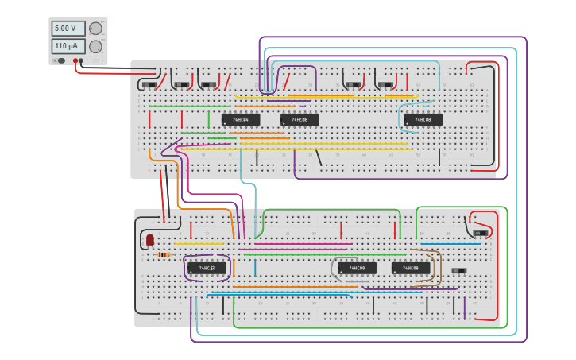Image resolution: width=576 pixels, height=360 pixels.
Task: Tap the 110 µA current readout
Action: [x=68, y=46]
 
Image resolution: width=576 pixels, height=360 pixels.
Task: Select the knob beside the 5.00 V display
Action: [x=95, y=29]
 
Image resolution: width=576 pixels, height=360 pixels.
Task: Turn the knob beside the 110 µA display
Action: [x=95, y=47]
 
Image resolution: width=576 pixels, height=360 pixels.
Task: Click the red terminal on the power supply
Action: [x=75, y=60]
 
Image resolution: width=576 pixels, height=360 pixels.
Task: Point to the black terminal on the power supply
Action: [x=81, y=60]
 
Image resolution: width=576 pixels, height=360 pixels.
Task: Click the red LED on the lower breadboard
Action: [x=149, y=239]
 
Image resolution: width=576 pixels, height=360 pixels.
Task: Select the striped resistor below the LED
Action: [x=163, y=254]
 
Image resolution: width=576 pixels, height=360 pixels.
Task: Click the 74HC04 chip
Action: [x=241, y=120]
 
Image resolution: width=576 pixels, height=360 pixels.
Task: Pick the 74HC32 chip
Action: [x=207, y=269]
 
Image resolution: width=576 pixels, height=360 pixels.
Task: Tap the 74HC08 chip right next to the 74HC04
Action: [x=300, y=120]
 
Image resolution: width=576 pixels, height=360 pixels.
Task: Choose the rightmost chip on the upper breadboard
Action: [x=423, y=120]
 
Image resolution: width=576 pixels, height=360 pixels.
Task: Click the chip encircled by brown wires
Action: [x=411, y=269]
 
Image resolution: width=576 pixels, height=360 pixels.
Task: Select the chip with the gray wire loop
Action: [x=357, y=269]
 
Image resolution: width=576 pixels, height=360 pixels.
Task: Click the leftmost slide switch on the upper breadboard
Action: [x=149, y=84]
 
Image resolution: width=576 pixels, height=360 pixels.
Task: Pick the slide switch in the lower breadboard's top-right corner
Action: [x=479, y=233]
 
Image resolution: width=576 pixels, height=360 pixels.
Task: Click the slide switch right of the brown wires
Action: [x=458, y=271]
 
